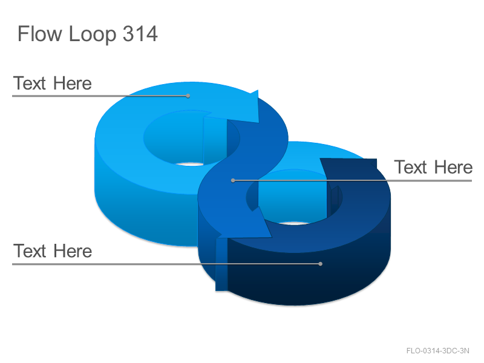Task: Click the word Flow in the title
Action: [40, 33]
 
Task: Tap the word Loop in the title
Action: [93, 34]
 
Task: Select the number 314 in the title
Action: [140, 33]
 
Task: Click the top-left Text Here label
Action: [53, 83]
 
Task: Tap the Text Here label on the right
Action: [433, 167]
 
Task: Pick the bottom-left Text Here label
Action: [53, 250]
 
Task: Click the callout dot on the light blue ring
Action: [188, 96]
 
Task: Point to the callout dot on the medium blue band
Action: [233, 180]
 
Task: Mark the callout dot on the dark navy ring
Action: [321, 264]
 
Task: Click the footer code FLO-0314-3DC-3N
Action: [437, 351]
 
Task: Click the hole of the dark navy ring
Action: [293, 198]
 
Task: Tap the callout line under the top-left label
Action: [100, 96]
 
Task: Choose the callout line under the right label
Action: [353, 180]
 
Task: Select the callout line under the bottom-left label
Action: [166, 264]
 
